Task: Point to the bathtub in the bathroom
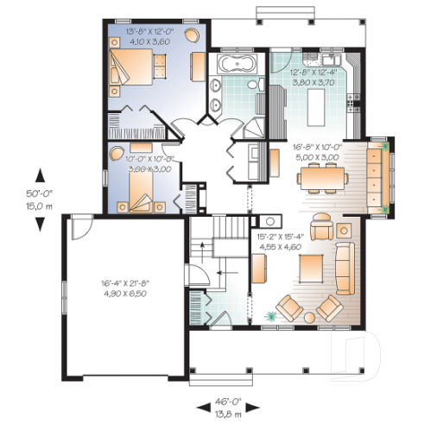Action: (x=232, y=64)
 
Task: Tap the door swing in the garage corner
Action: (x=78, y=227)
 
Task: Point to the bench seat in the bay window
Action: (x=377, y=176)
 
